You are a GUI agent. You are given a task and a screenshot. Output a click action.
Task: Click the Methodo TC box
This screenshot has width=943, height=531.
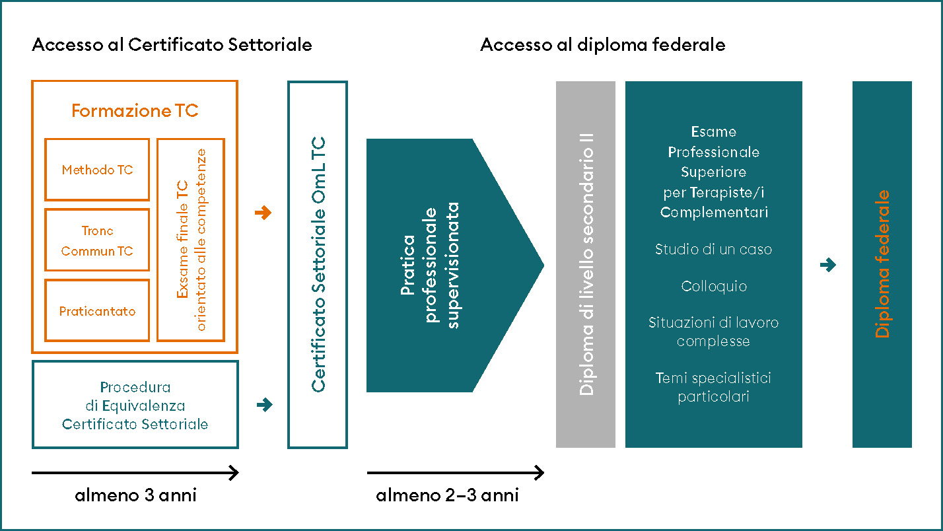pos(97,170)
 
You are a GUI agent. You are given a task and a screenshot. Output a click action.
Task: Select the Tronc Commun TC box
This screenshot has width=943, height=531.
pos(97,240)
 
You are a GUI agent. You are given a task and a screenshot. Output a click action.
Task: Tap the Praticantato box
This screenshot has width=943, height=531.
pos(97,310)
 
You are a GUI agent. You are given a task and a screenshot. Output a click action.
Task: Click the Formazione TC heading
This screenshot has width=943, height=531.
pos(135,111)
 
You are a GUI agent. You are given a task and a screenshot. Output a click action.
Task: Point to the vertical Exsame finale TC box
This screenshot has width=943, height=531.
pos(191,240)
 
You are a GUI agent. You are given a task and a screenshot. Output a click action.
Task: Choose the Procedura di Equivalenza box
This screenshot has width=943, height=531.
pos(135,405)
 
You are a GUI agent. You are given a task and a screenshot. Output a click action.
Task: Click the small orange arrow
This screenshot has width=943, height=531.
pos(263,213)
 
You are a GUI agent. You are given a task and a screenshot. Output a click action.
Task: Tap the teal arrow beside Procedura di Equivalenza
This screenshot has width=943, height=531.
pos(263,404)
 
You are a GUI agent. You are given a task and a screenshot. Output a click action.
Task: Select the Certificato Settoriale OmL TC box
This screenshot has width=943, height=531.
pos(318,264)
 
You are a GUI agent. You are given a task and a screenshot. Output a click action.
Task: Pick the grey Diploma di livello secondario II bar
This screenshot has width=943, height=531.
pos(586,264)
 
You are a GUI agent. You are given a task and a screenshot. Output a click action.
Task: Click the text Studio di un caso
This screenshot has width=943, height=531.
pos(713,250)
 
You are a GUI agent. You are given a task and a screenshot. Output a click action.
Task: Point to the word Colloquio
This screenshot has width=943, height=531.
pos(713,287)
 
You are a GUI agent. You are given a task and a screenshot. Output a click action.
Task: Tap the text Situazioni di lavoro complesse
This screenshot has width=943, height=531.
pos(713,332)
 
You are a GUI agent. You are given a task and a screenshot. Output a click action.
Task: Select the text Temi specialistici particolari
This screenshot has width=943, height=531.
pos(713,388)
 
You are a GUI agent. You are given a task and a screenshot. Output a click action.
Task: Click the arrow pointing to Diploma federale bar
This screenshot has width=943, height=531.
pos(827,265)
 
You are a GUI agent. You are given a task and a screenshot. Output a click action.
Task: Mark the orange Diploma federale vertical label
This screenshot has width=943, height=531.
pos(882,264)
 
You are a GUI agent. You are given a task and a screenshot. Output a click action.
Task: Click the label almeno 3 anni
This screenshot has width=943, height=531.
pos(135,495)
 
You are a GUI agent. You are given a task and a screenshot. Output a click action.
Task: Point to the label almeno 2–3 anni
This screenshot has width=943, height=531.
pos(447,495)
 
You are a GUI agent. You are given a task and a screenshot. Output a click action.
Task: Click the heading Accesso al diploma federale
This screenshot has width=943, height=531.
pos(602,45)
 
